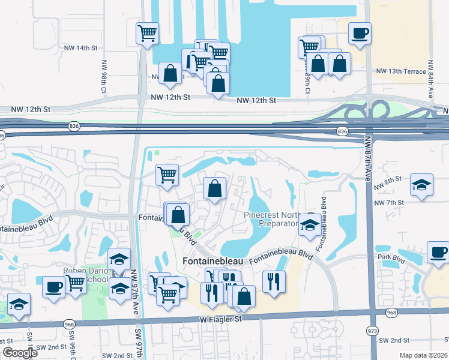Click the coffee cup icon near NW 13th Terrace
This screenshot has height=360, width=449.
click(360, 34)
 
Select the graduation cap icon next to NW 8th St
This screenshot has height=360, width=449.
click(422, 185)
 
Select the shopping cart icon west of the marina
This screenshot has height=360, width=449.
click(147, 34)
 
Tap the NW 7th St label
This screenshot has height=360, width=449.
click(388, 203)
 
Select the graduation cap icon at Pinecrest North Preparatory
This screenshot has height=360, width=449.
click(310, 224)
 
